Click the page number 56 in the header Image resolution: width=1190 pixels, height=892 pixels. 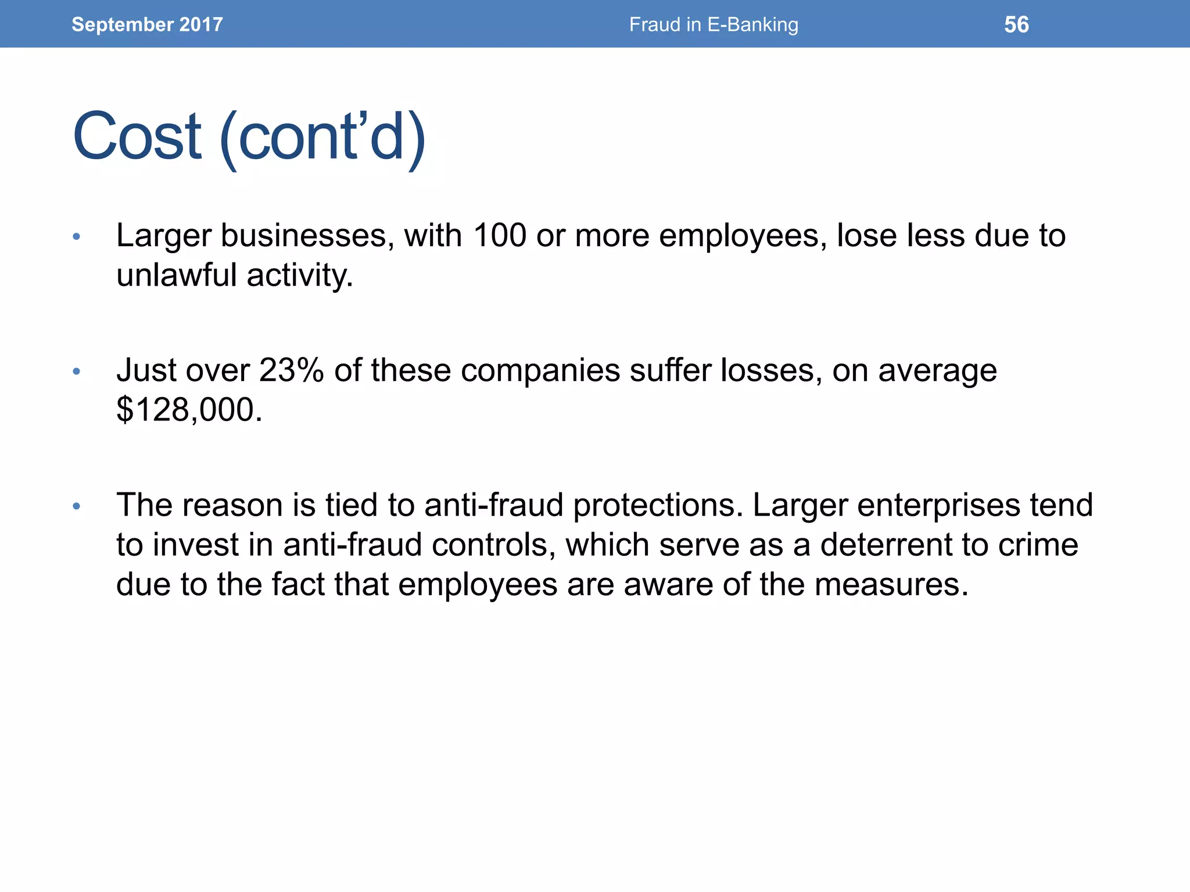1016,24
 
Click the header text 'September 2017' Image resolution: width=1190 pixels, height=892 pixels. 147,24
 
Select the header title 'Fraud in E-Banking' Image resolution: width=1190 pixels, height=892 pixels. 714,24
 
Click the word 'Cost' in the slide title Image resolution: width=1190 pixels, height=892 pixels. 137,137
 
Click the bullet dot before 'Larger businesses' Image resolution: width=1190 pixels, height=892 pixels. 76,236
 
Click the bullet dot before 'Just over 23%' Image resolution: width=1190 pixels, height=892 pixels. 76,371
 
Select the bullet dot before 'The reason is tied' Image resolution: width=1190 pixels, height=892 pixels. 76,506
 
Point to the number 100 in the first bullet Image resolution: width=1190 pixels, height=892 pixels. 500,236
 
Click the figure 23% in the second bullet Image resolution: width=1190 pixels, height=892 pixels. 291,371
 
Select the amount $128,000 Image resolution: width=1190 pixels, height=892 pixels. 189,410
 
